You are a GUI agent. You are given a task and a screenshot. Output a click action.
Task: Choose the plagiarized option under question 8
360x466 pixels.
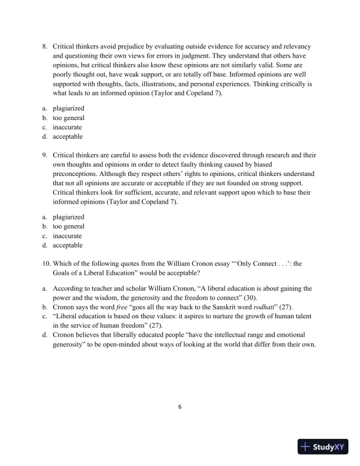tap(68, 108)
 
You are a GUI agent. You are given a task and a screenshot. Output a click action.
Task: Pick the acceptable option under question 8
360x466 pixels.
tap(68, 137)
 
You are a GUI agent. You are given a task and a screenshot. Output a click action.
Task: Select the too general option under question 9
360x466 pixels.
tap(68, 227)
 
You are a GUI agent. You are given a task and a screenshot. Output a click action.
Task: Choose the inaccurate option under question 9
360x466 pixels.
tap(67, 236)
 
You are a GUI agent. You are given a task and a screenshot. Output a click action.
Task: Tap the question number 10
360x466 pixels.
tap(46, 264)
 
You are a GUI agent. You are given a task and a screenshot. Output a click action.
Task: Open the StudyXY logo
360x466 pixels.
tap(324, 447)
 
